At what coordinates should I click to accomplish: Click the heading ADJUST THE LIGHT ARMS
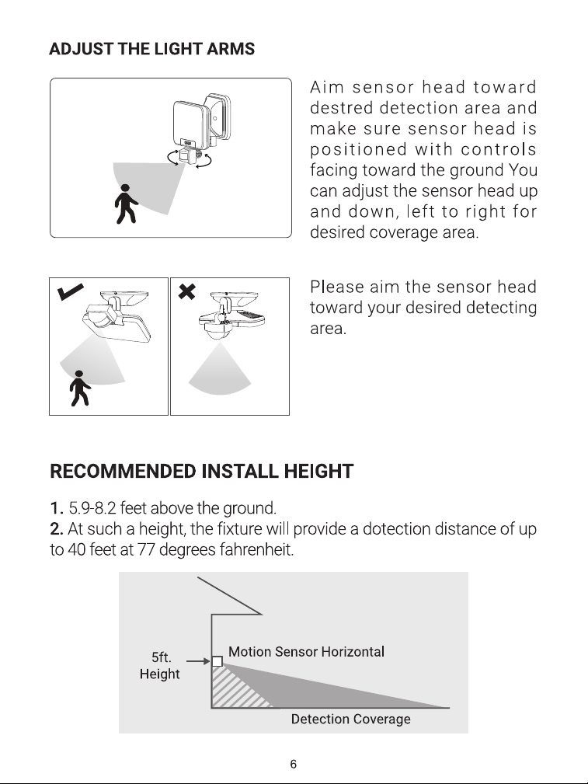tap(152, 49)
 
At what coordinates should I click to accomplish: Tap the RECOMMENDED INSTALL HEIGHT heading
tap(201, 472)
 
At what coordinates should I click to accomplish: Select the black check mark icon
tap(71, 291)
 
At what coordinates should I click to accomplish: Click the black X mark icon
tap(187, 291)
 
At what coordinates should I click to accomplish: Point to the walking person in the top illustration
tap(125, 204)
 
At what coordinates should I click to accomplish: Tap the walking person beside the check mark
tap(80, 388)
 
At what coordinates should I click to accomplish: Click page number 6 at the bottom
tap(294, 764)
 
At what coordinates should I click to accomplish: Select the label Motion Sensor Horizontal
tap(307, 651)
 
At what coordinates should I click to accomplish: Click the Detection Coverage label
tap(351, 719)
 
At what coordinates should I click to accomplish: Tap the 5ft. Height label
tap(160, 665)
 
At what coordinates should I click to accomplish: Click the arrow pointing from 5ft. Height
tap(199, 661)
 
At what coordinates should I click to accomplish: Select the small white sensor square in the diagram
tap(217, 661)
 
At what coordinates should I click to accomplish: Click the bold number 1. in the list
tap(57, 508)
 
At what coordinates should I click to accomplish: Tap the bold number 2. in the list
tap(57, 529)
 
